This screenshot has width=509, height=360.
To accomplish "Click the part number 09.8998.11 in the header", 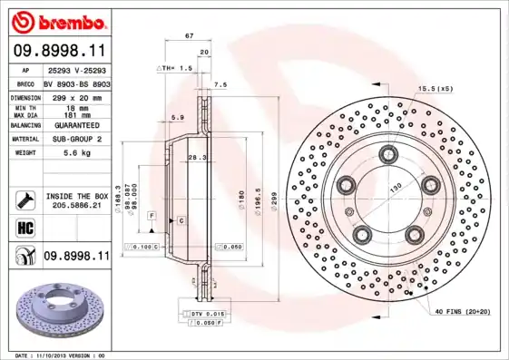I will click(x=59, y=51).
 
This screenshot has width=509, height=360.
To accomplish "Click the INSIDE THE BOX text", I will click(x=76, y=196).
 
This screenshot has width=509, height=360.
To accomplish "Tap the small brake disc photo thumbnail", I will click(x=56, y=312).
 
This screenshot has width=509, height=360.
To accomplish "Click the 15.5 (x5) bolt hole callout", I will click(x=435, y=88).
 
